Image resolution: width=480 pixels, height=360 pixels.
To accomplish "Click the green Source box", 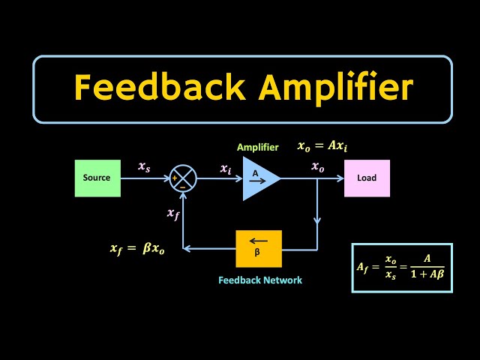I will tap(97, 178).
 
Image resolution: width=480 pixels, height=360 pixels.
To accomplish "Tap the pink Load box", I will tap(367, 178).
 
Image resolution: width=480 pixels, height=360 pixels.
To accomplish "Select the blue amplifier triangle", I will tap(259, 178).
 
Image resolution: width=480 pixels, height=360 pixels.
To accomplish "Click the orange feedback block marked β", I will tap(259, 248).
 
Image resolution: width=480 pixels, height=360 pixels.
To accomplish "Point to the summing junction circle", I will tap(184, 178).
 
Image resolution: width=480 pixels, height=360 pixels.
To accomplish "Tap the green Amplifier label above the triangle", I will tap(257, 148).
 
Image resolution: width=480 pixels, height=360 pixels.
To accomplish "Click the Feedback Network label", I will tap(260, 280).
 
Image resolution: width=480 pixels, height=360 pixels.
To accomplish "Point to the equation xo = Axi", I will tap(322, 146).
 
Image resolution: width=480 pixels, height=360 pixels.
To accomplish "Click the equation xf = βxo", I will tap(137, 248).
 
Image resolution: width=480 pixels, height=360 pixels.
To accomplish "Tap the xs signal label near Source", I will tap(144, 167).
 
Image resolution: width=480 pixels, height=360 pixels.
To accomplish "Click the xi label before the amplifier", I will tap(226, 169).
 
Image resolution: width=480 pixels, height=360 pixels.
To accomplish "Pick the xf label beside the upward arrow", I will tap(173, 214).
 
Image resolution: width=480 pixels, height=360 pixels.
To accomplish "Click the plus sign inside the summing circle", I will tap(175, 178).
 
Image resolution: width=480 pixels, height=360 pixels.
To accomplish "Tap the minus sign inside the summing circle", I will tap(183, 187).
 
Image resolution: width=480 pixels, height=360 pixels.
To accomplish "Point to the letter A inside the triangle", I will tap(255, 174).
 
